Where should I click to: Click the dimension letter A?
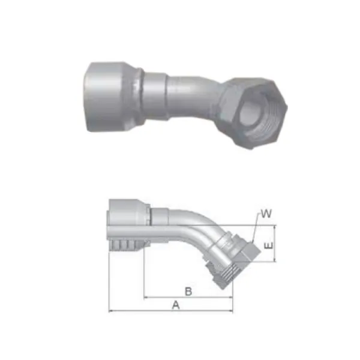click(176, 305)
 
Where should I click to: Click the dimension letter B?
click(188, 291)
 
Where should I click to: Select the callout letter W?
click(266, 214)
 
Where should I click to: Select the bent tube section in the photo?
click(192, 93)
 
